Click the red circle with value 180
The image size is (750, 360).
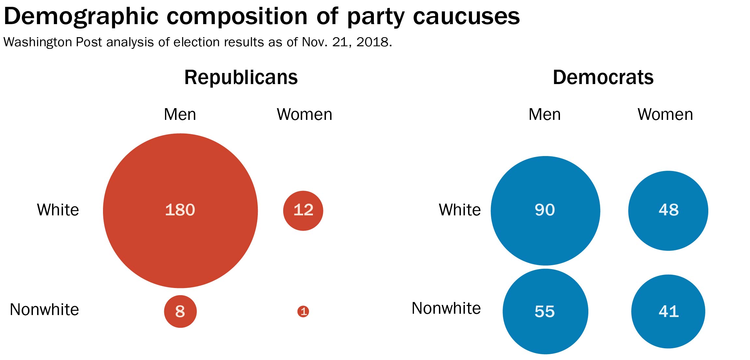[180, 210]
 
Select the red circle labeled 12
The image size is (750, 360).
[303, 210]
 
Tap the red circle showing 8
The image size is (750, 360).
[180, 311]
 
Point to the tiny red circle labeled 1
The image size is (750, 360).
[303, 311]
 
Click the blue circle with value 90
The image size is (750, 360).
[545, 210]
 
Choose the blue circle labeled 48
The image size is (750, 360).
[668, 210]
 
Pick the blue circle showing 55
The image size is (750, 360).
[545, 311]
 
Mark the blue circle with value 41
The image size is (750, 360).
[668, 311]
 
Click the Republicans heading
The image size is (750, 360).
[241, 78]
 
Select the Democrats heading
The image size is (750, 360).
[603, 78]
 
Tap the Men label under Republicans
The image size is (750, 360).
[180, 114]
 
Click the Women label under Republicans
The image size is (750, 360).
[304, 114]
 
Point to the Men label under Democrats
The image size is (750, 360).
[545, 114]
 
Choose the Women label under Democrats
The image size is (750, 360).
[665, 114]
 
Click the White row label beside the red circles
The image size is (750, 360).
[58, 210]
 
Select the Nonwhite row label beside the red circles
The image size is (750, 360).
[44, 310]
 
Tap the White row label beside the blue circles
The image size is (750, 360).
[460, 210]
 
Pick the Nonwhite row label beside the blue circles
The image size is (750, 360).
[446, 308]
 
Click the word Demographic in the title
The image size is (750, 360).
[81, 16]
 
